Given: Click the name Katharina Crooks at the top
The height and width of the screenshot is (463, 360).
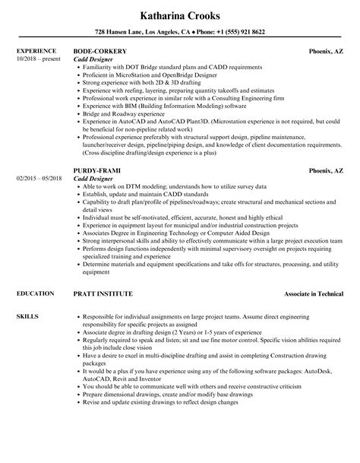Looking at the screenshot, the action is click(x=179, y=16).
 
